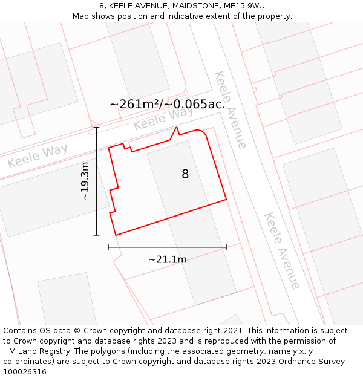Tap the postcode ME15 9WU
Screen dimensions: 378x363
[244, 6]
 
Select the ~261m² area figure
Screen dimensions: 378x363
[134, 104]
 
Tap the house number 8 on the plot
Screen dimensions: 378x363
[185, 174]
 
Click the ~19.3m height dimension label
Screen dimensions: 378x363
[85, 181]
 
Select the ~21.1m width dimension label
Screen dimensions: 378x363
[168, 259]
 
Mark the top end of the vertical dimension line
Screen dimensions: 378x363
[96, 128]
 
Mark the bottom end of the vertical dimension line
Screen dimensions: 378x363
[96, 235]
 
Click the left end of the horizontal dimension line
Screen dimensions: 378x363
[108, 247]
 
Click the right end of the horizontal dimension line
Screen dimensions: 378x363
[226, 247]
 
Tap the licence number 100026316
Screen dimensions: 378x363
[25, 371]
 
